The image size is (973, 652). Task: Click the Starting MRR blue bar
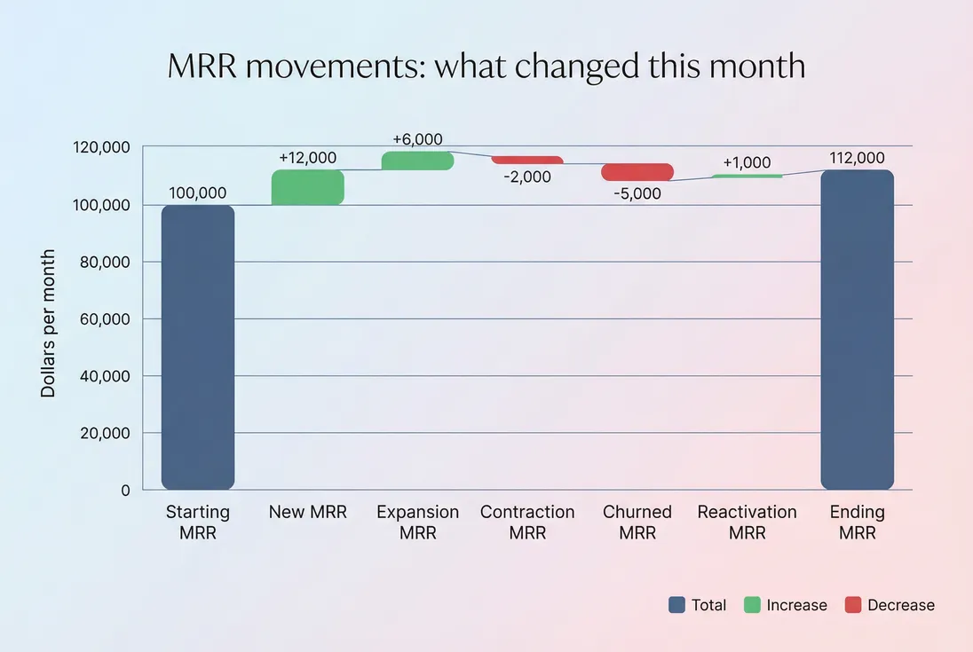pos(198,347)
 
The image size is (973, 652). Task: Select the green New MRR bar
pos(307,187)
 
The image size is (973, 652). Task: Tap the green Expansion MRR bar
pos(417,161)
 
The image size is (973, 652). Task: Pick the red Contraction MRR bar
pos(527,160)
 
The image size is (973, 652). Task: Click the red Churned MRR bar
pos(637,172)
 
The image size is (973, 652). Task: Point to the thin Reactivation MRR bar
pos(747,177)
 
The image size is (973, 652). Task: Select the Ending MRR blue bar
pos(857,329)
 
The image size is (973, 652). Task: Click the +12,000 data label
pos(307,158)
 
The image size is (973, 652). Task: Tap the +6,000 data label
pos(417,139)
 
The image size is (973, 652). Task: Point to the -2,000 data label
pos(527,177)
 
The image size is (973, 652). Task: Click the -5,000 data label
pos(637,193)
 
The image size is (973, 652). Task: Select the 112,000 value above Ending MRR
pos(857,158)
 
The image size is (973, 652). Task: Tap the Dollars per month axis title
pos(48,323)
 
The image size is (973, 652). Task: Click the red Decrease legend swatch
pos(853,605)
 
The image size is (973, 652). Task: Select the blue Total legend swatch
pos(677,605)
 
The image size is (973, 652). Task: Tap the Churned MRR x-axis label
pos(637,522)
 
